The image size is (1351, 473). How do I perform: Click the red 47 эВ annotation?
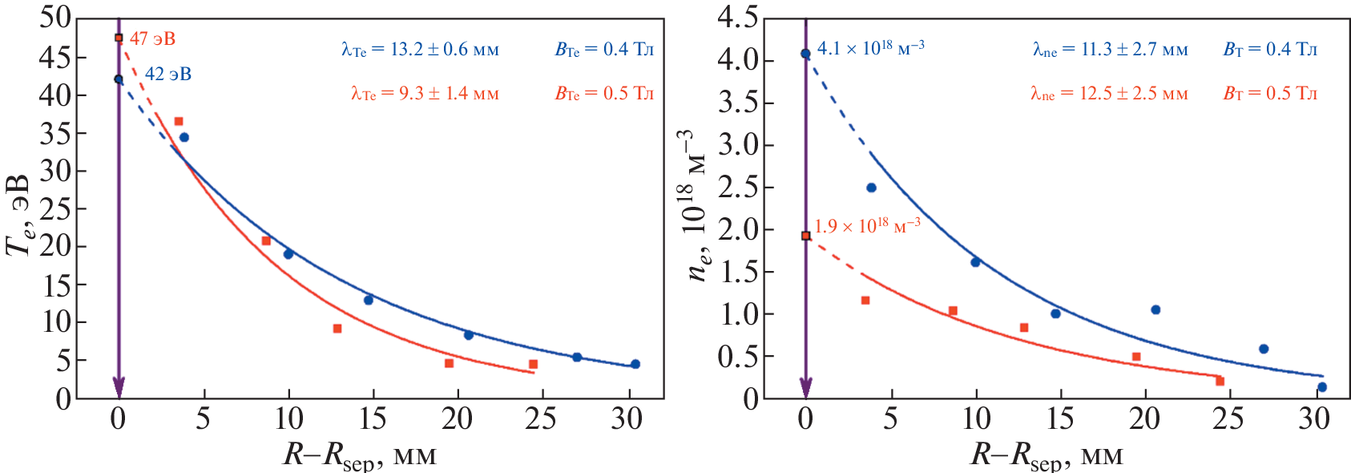(x=152, y=38)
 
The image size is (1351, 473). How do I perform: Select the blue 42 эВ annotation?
(x=167, y=75)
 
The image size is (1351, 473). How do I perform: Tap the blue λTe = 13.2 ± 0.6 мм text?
(x=420, y=50)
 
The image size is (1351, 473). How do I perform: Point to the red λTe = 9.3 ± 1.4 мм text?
(x=425, y=94)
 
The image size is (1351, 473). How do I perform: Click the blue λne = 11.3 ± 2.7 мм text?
(x=1110, y=50)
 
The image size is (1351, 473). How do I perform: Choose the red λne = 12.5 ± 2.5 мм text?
(x=1109, y=94)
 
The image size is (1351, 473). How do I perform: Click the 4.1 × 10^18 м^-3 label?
(x=870, y=48)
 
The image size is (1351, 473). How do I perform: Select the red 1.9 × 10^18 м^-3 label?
(x=867, y=226)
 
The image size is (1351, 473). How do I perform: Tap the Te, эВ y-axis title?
(x=21, y=214)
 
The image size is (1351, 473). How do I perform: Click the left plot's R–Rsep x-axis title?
(x=360, y=456)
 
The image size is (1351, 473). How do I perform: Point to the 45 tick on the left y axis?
(x=54, y=58)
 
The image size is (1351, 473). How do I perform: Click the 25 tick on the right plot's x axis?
(x=1228, y=418)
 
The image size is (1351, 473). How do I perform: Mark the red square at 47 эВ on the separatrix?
(x=119, y=38)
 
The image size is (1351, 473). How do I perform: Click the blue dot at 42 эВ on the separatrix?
(x=119, y=79)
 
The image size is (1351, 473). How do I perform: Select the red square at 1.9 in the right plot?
(x=806, y=236)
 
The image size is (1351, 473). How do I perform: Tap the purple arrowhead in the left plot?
(x=119, y=387)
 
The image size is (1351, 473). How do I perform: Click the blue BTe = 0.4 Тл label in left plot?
(x=604, y=50)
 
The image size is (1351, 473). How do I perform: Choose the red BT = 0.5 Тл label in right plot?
(x=1270, y=94)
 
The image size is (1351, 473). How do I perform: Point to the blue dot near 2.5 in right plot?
(x=872, y=188)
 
